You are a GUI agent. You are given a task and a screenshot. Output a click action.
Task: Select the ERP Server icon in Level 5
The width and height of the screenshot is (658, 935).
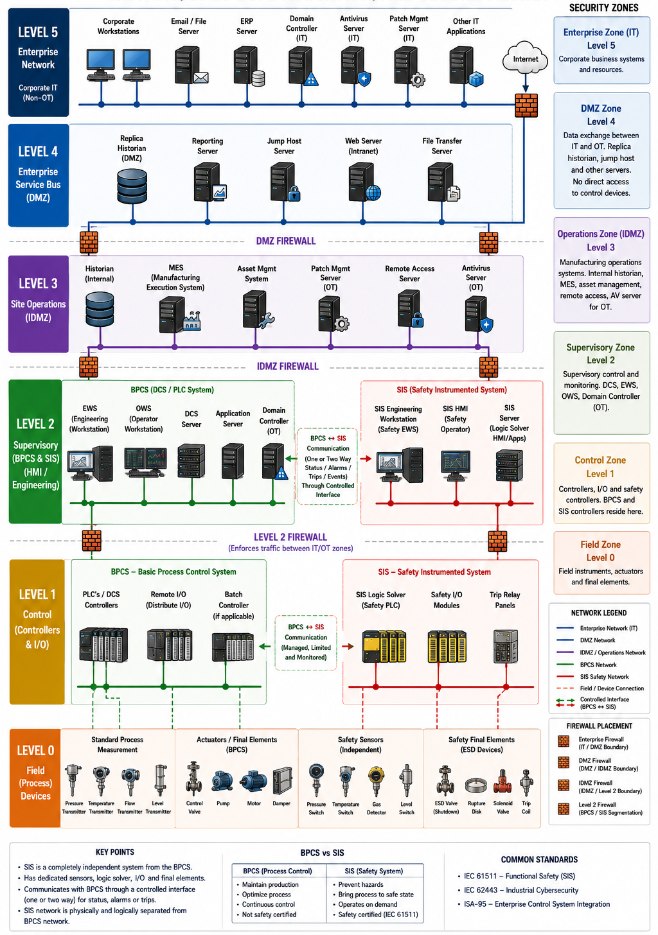coord(249,66)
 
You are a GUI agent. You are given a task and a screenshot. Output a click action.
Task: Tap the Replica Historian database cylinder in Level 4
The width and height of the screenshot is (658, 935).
coord(132,186)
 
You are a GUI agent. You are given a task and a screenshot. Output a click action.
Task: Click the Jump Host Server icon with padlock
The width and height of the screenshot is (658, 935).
coord(285,182)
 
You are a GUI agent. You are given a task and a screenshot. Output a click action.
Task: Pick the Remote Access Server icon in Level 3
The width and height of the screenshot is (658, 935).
coord(410,309)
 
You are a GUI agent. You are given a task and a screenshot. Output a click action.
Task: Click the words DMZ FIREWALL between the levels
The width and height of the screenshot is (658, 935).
coord(286,241)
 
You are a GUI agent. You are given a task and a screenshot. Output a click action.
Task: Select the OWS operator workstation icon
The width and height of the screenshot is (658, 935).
coord(145,462)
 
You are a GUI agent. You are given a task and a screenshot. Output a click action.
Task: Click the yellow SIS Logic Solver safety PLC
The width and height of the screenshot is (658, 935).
coord(384,646)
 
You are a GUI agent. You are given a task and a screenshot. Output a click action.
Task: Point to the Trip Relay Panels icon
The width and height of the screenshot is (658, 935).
coord(506,646)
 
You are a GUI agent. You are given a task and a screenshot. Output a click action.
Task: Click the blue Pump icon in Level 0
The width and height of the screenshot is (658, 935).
coord(222,782)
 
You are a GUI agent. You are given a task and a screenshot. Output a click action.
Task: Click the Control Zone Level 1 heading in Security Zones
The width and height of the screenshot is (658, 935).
coord(600,467)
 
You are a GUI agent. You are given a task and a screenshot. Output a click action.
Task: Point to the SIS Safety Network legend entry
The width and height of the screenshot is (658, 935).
coord(604,677)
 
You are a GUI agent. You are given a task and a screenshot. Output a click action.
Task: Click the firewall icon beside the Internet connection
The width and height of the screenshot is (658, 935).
coord(526,105)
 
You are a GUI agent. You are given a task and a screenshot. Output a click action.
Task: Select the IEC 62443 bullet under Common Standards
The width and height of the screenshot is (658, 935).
coord(520,890)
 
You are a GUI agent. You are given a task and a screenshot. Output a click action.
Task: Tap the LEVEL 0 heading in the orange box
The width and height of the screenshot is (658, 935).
coord(35,750)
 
